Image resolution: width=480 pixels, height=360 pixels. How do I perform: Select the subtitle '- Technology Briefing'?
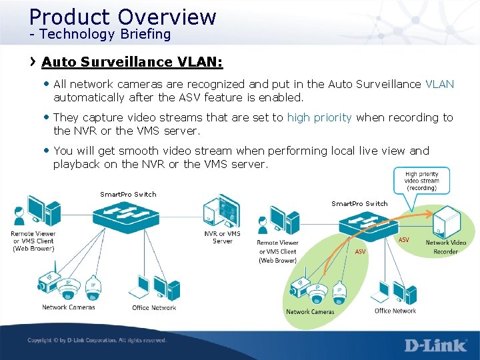point(99,34)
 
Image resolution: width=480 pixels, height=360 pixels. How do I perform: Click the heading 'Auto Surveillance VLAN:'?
point(132,62)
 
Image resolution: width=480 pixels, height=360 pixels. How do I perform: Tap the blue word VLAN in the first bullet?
point(439,84)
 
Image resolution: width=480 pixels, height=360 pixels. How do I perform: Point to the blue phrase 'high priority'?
point(319,117)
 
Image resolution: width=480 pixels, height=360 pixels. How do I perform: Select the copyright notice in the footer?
point(97,341)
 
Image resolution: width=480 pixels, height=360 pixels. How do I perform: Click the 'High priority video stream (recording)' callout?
point(421,179)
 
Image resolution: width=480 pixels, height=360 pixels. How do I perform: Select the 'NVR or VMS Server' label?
point(222,237)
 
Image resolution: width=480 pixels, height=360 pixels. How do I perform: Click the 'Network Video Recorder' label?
point(446,247)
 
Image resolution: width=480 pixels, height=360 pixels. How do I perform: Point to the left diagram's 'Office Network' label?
point(154,307)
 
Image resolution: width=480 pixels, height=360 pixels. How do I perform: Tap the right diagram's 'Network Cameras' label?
point(310,311)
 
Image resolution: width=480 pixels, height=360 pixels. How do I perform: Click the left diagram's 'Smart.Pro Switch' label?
point(128,195)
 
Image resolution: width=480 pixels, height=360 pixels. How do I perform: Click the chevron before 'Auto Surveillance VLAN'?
point(33,62)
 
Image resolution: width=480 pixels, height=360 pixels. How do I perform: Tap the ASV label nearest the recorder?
point(404,239)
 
